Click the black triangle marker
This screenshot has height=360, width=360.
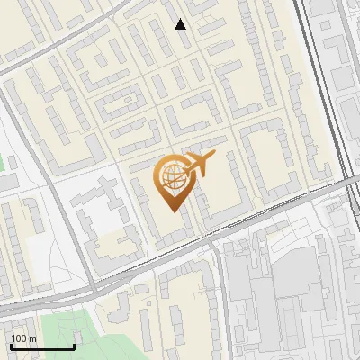[x=181, y=24]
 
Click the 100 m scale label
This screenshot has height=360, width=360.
[x=24, y=338]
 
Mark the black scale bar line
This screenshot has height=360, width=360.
[x=42, y=346]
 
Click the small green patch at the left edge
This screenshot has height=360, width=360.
[x=3, y=165]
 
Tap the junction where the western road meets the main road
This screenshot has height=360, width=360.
[x=93, y=290]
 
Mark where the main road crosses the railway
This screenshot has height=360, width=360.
[x=346, y=181]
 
